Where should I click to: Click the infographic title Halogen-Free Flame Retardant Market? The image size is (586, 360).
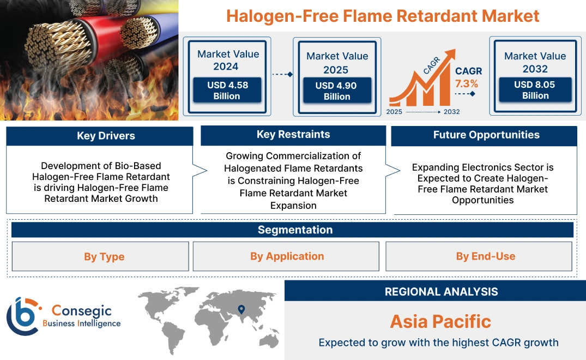coord(383,16)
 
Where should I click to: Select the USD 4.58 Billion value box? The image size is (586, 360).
coord(227,91)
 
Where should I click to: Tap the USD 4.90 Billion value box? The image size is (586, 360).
coord(337,91)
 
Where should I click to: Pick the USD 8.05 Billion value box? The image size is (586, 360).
coord(535,90)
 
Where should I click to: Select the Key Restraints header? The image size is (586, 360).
coord(293,135)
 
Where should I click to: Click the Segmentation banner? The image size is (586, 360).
coord(295,230)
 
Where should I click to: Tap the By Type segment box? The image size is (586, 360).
coord(104,256)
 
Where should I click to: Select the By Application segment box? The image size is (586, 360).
coord(287,256)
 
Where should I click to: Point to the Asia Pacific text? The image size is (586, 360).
coord(440,321)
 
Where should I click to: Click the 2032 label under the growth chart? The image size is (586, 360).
coord(451,112)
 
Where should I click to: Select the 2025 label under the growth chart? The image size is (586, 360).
coord(395,112)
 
